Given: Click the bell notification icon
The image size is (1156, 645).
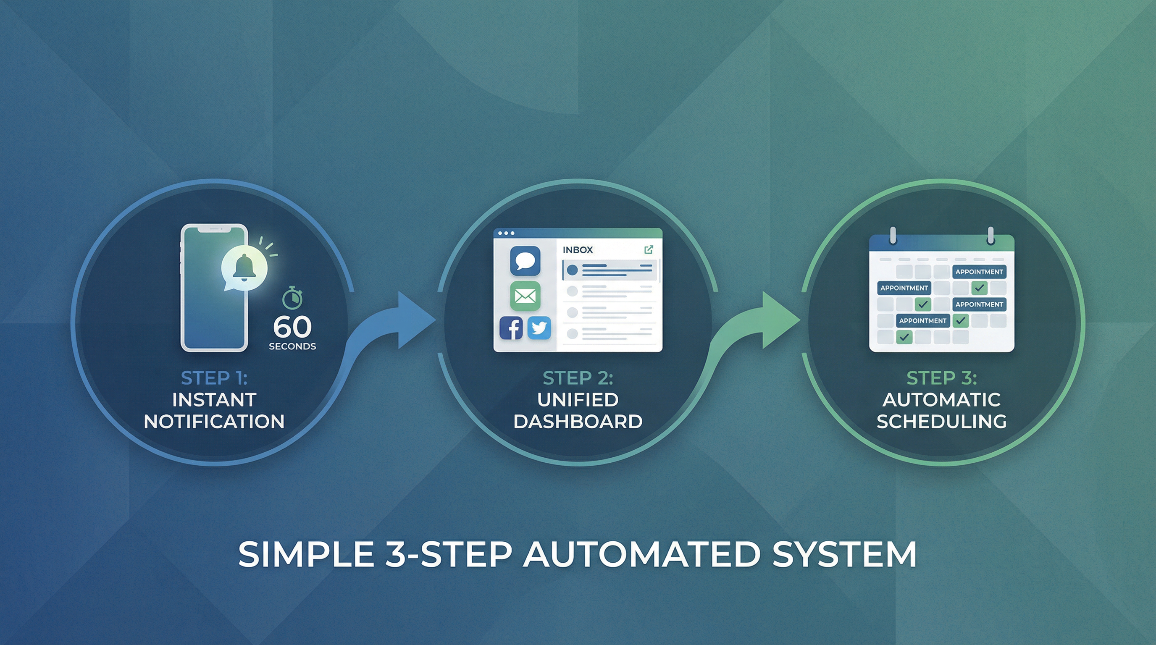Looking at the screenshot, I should pos(244,268).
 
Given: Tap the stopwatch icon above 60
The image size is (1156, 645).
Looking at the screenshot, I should pos(292,298).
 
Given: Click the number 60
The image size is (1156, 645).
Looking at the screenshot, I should pos(292,327).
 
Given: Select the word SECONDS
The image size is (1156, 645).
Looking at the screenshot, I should pos(292,346).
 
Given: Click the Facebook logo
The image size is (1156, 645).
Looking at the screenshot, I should pos(511,328).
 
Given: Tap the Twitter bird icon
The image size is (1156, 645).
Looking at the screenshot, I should pos(539,328).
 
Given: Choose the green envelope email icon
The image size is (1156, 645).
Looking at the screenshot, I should pos(525,296).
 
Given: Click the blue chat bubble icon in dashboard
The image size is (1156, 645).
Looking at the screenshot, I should pos(525,261).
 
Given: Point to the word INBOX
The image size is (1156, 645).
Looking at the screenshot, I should pos(578,250).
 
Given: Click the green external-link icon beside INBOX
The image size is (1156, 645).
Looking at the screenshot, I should pos(649,249).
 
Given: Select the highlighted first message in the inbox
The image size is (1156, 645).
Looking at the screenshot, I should pos(610,270).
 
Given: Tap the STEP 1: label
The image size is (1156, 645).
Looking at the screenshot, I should pos(214,378).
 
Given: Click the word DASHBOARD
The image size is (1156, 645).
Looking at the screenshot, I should pos(578,422).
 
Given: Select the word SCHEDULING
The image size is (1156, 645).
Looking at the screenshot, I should pos(941,422).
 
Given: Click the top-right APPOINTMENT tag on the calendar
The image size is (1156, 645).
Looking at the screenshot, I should pos(979,272).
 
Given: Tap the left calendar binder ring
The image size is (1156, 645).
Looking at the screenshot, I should pos(893,236).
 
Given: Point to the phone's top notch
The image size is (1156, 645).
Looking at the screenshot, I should pos(214,229).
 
